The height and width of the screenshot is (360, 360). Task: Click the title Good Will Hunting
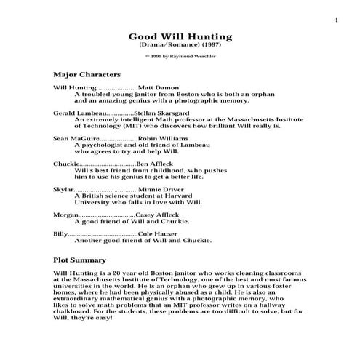[180, 36]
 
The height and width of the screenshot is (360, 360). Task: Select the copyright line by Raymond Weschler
[180, 56]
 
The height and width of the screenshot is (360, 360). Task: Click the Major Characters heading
[87, 74]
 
